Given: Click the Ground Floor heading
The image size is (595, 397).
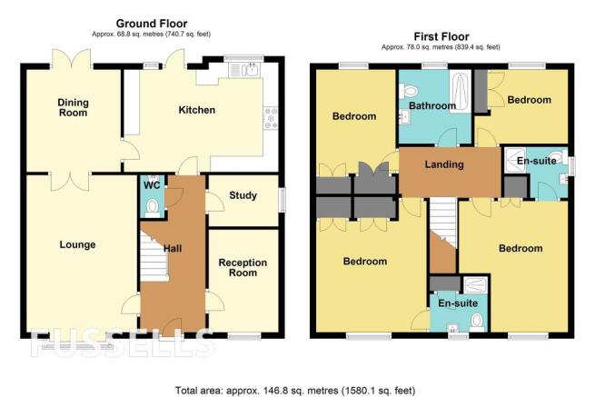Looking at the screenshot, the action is (152, 24).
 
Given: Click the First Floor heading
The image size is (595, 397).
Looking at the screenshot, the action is (441, 37).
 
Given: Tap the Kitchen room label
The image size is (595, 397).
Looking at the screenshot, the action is (197, 110).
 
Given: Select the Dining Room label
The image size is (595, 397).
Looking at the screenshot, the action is (73, 107).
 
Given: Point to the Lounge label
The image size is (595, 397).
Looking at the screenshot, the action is (77, 244).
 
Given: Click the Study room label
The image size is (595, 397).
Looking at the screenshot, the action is (243, 195).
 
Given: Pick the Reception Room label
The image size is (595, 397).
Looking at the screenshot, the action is (243, 268).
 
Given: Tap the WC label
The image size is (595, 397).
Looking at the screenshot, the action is (152, 185).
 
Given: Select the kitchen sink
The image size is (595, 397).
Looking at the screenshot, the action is (244, 70).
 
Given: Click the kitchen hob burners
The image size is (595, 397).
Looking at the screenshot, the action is (271, 118).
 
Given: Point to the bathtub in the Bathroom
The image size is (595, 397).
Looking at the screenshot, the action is (461, 90).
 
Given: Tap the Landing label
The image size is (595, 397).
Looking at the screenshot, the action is (444, 164).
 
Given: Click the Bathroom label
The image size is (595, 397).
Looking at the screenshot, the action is (432, 105).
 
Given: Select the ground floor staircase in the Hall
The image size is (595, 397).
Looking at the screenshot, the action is (154, 256).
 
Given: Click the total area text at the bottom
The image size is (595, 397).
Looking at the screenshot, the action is (295, 390).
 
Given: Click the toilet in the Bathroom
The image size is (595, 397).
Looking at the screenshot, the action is (408, 91).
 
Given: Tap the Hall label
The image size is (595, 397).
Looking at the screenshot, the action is (173, 249).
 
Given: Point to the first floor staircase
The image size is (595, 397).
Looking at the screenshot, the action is (442, 223).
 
